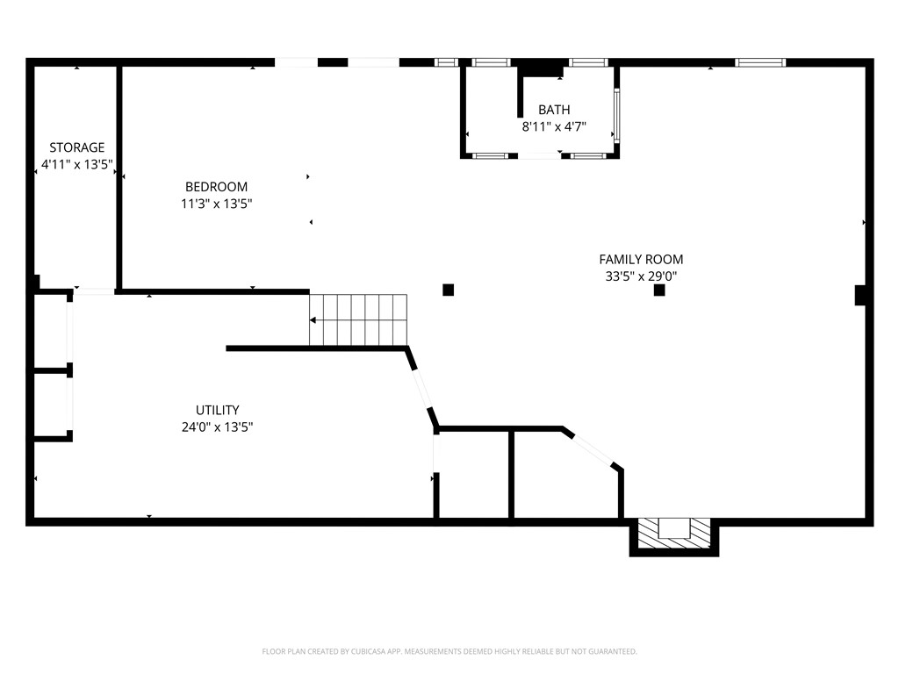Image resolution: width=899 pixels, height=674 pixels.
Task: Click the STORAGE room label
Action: tap(76, 147)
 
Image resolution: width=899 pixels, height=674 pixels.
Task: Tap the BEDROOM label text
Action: tap(216, 187)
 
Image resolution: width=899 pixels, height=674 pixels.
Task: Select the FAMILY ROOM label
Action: tap(641, 259)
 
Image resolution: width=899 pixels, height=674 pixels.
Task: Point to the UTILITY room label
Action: tap(217, 410)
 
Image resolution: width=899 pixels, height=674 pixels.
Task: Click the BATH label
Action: tap(554, 110)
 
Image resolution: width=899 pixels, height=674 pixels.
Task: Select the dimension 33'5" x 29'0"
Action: tap(641, 276)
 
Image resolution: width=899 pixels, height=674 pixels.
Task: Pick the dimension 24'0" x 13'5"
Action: tap(217, 427)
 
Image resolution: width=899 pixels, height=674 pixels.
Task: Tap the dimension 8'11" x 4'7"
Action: tap(554, 126)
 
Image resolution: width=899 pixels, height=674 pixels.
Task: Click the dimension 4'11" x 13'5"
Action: tap(77, 164)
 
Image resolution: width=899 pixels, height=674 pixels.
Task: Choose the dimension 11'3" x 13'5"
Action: tap(216, 204)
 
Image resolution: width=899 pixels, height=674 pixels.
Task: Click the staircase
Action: tap(359, 319)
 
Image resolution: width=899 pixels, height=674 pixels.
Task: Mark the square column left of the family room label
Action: tap(448, 290)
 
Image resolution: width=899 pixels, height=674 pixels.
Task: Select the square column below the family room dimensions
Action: tap(659, 290)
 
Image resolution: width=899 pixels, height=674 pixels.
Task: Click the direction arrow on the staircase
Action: tap(314, 320)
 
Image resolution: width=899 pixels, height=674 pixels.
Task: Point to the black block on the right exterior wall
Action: tap(860, 296)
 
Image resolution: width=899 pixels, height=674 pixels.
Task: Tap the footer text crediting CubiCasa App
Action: tap(449, 651)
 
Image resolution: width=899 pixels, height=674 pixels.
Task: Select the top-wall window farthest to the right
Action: tap(759, 62)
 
